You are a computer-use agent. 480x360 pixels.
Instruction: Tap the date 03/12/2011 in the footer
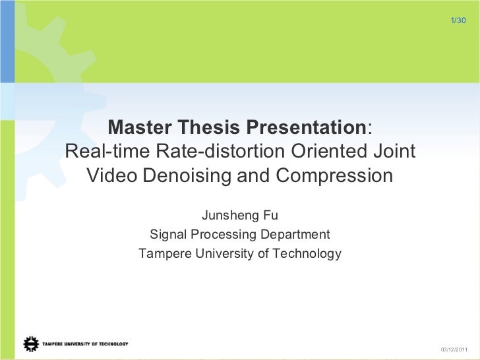[452, 349]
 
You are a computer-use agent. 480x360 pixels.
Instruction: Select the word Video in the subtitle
[112, 177]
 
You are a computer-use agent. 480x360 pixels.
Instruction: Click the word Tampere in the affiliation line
[162, 254]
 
